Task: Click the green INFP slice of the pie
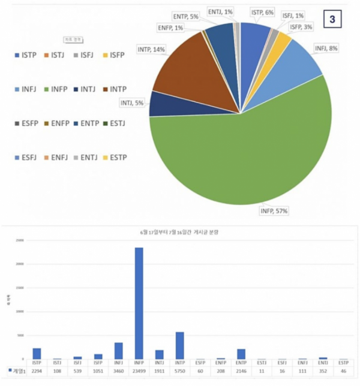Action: click(x=240, y=156)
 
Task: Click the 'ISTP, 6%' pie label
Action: click(x=262, y=11)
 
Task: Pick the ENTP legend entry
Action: click(x=86, y=123)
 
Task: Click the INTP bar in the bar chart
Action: click(x=179, y=345)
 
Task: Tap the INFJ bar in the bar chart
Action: click(x=118, y=351)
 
